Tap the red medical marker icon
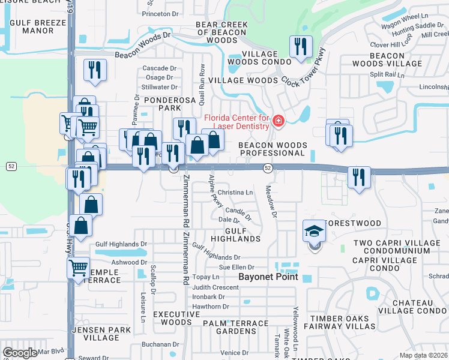277,122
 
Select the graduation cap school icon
315,230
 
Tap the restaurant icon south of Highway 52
359,177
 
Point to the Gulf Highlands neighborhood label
243,234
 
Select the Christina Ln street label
235,193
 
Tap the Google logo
20,353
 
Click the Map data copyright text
423,355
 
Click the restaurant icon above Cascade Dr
95,70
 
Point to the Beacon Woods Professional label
272,149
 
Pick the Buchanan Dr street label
161,345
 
